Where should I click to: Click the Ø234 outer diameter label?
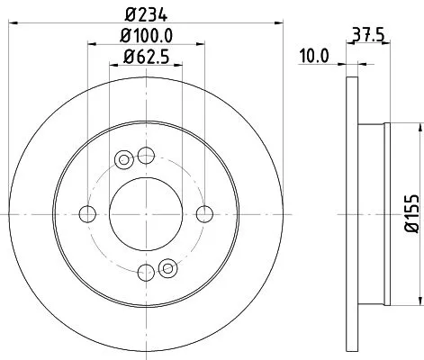(x=146, y=13)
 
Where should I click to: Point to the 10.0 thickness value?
(x=313, y=56)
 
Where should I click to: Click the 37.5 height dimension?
(x=365, y=38)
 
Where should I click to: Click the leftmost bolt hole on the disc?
(x=87, y=213)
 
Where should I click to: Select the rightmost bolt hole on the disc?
(x=205, y=213)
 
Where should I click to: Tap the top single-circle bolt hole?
(x=146, y=154)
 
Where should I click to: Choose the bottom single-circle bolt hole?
(x=146, y=272)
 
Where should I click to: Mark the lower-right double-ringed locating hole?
(x=167, y=266)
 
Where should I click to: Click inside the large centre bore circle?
(x=146, y=213)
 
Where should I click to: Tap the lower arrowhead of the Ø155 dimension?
(x=397, y=301)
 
